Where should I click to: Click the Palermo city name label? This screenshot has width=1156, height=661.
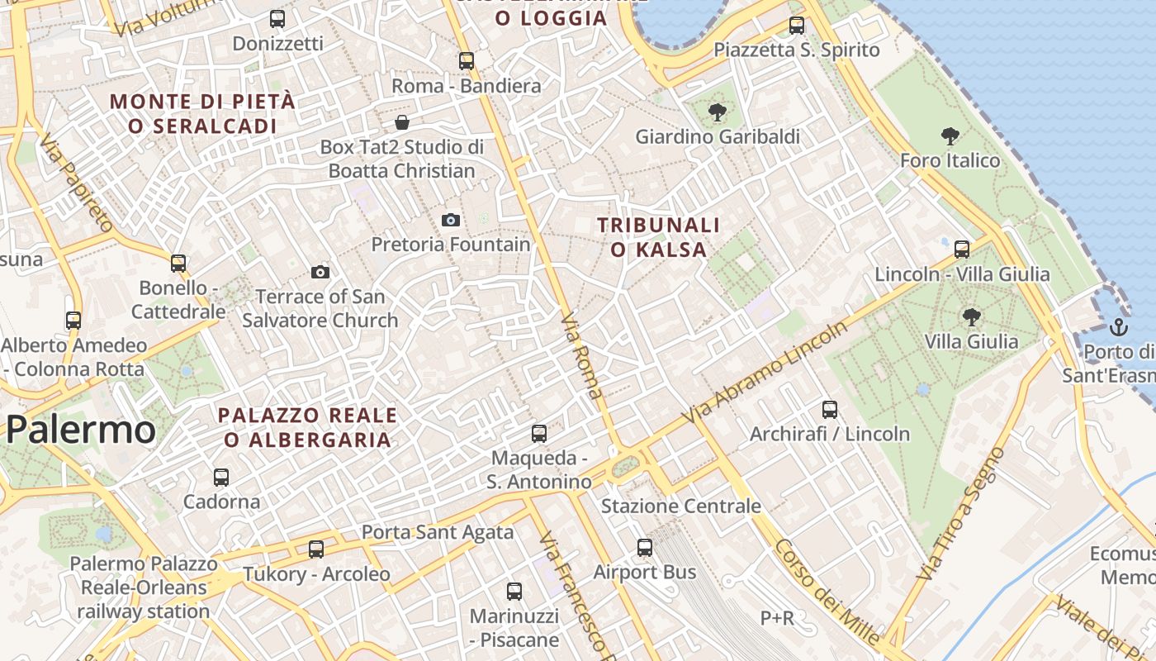point(80,430)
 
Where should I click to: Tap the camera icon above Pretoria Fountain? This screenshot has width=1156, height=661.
point(450,220)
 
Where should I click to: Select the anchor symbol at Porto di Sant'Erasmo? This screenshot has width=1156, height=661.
point(1119,326)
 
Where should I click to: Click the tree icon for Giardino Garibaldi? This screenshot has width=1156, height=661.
point(718,112)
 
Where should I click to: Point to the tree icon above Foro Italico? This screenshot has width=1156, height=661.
point(950,136)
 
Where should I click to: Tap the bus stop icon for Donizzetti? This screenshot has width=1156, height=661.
point(277,18)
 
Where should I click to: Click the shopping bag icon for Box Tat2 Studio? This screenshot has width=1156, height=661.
point(402,123)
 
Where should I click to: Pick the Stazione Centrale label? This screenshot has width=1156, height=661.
point(681,506)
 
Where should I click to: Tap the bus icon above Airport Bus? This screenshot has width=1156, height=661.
point(645,547)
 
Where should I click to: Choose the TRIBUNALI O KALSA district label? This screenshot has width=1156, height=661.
point(658,237)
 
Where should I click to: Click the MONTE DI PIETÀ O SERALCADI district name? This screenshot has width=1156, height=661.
point(202,114)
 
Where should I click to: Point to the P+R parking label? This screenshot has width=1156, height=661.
point(777,617)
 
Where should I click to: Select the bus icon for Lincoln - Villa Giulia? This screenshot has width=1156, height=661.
point(962,249)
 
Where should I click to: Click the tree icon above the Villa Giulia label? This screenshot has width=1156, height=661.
point(972,316)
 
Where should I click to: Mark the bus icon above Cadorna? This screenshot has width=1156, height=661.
point(221,477)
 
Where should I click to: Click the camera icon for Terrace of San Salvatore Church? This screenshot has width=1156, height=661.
point(320,272)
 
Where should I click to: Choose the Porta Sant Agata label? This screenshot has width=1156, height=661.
point(438,532)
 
